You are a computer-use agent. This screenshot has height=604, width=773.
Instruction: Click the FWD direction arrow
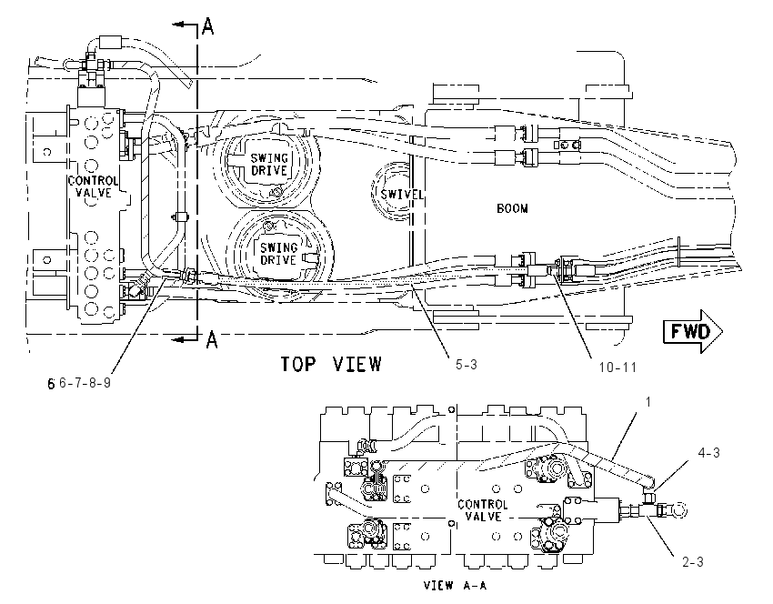(693, 331)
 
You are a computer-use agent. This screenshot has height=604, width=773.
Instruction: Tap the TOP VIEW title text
(331, 365)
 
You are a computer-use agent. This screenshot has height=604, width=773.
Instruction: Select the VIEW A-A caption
(455, 585)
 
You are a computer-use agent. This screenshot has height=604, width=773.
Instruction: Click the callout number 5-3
(466, 365)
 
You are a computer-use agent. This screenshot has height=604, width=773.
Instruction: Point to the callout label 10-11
(617, 367)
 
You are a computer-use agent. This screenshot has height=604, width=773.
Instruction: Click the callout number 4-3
(708, 453)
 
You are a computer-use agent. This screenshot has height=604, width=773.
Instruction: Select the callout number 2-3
(693, 561)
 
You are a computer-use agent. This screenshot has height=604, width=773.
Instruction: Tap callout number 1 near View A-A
(648, 402)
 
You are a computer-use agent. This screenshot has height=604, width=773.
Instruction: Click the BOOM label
(512, 208)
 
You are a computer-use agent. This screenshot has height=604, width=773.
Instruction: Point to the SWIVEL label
(401, 195)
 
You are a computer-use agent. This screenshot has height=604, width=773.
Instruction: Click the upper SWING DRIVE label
(269, 165)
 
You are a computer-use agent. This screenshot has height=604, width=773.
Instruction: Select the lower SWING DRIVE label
(278, 254)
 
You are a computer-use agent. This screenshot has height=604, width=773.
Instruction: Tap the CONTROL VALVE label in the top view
(93, 186)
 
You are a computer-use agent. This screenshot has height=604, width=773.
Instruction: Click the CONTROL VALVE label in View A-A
(483, 510)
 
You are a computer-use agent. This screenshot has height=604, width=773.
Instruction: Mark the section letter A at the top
(208, 25)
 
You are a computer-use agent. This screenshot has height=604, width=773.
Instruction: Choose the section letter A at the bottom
(212, 339)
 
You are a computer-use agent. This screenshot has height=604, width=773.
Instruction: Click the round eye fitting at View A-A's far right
(679, 509)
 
